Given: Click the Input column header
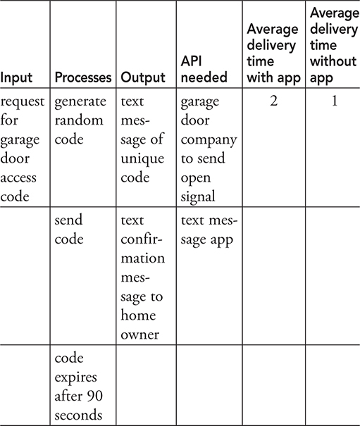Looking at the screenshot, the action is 16,77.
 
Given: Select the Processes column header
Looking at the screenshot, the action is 83,77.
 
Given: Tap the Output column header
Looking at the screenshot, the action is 143,77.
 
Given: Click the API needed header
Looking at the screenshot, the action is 204,69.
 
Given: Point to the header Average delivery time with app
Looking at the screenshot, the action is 273,54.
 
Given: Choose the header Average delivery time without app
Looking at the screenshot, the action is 335,45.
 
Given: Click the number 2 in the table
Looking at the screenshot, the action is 273,101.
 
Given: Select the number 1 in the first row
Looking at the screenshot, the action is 335,101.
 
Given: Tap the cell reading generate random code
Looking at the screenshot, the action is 80,120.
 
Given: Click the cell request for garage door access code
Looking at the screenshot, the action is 23,149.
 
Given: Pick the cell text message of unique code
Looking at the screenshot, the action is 142,139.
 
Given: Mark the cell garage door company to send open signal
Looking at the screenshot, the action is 209,149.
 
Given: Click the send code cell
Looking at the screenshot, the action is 69,230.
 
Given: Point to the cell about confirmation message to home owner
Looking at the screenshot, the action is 143,277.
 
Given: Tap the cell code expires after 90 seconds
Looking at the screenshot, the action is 79,387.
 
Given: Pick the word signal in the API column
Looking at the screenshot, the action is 198,196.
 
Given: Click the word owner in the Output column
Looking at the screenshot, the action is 139,334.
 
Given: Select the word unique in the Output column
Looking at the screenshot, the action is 142,159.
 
